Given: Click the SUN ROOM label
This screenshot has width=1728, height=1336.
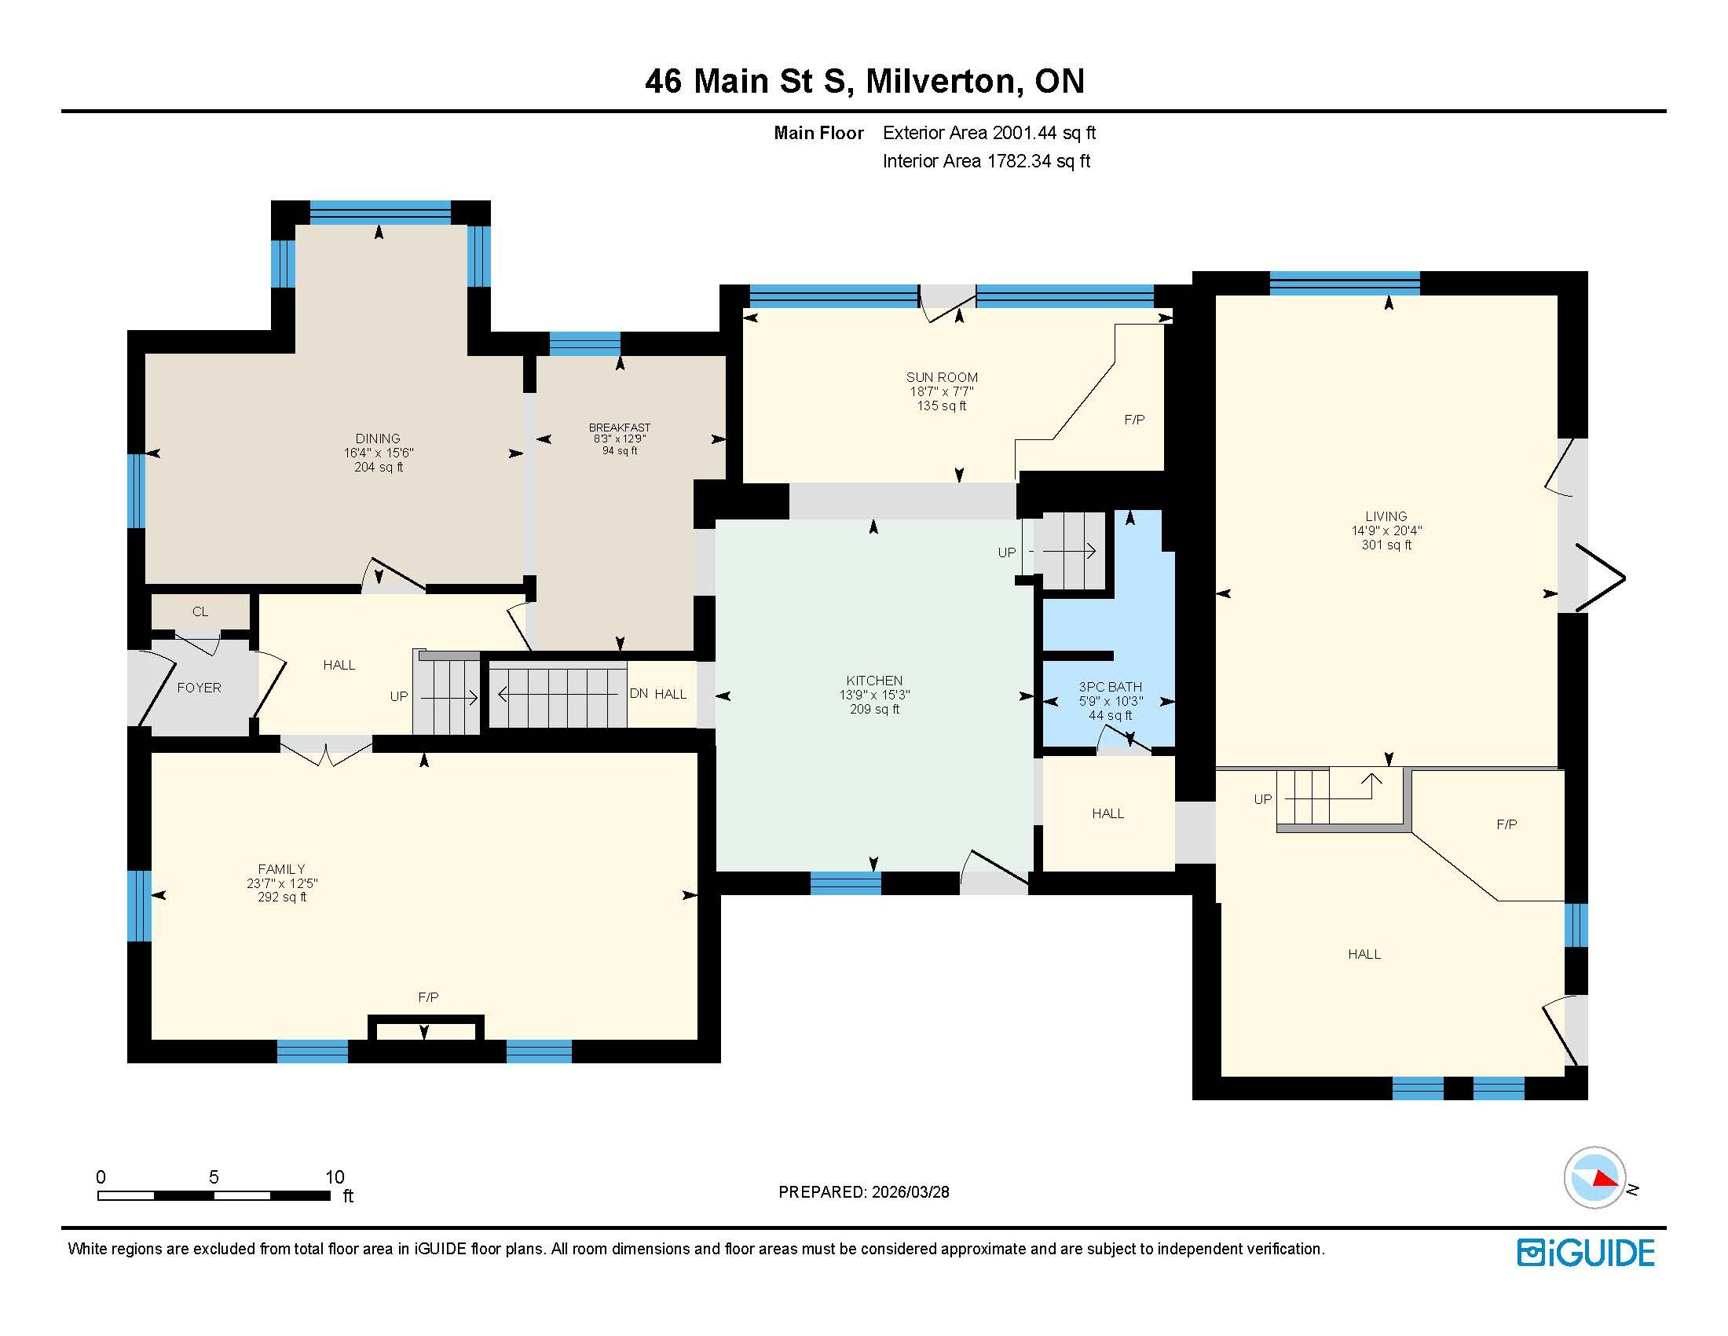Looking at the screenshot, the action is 942,377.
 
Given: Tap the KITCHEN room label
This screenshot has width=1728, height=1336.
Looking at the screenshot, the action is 874,681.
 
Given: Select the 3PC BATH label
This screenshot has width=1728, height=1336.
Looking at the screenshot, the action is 1110,687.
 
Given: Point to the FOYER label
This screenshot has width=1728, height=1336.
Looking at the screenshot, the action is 200,688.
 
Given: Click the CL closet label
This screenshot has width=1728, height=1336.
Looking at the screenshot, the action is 200,611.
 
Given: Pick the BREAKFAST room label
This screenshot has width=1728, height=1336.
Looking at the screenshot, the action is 620,428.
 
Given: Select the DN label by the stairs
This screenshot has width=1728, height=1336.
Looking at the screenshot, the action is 639,693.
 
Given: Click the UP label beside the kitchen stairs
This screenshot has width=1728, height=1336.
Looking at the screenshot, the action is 1006,552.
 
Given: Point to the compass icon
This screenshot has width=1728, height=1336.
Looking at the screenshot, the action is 1595,1178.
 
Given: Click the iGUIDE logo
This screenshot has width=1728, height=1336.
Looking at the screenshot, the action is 1586,1253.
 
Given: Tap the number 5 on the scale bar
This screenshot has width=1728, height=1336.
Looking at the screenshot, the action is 214,1177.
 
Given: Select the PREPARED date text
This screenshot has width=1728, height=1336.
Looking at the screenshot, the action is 864,1192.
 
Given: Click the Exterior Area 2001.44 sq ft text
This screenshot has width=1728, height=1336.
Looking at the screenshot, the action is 989,133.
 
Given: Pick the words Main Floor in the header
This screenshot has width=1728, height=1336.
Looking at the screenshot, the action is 819,133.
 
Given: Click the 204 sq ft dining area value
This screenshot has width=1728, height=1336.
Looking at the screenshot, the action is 379,467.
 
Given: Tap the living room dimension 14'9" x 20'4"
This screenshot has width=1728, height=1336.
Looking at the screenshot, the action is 1386,530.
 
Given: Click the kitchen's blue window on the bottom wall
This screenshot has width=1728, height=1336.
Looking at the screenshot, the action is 846,883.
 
